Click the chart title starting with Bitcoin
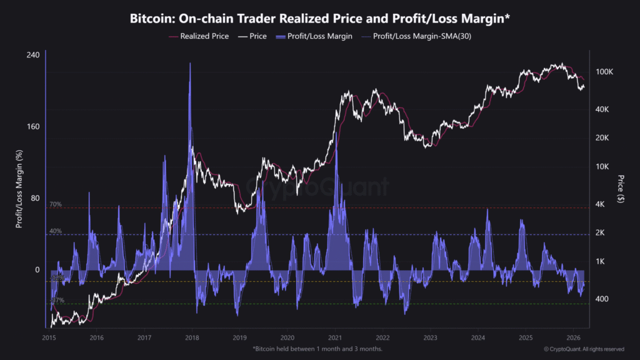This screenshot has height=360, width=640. coord(319,19)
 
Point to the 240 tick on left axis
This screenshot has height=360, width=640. coord(33,55)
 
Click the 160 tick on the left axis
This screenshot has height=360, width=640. coord(33,127)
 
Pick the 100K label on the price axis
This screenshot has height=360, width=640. coord(604,72)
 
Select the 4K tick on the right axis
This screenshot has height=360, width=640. coord(600,204)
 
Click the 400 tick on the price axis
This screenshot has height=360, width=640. coord(601,299)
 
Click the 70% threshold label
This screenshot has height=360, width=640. coord(56,204)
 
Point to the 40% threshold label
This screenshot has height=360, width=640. coord(56,231)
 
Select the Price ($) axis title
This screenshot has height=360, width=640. coord(619,189)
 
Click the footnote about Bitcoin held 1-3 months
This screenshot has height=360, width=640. coord(317,349)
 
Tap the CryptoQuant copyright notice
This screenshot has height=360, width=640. coord(583,349)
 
